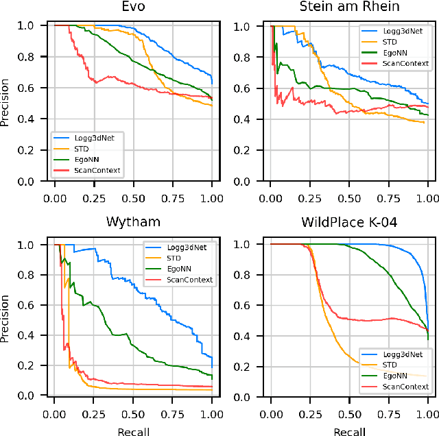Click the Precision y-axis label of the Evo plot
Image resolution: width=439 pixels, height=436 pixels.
click(6, 104)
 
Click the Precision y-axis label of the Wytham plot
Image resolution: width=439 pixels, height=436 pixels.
click(6, 319)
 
